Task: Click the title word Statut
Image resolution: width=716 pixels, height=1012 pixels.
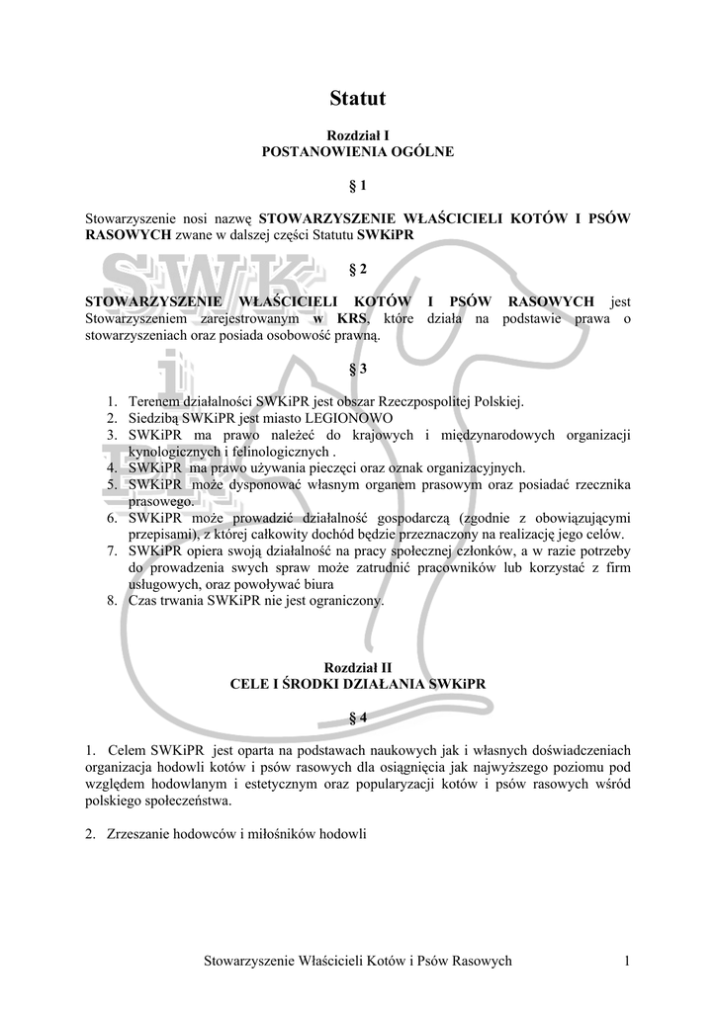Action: pyautogui.click(x=357, y=98)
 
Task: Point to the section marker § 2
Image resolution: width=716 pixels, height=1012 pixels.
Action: pyautogui.click(x=358, y=269)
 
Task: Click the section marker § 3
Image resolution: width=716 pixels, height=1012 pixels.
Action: pyautogui.click(x=358, y=369)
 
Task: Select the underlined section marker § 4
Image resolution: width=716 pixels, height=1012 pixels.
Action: pyautogui.click(x=358, y=717)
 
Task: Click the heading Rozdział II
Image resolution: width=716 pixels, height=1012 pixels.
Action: pyautogui.click(x=357, y=667)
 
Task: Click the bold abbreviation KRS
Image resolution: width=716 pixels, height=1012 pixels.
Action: pyautogui.click(x=351, y=318)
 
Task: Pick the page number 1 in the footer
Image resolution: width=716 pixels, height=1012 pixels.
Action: pyautogui.click(x=627, y=961)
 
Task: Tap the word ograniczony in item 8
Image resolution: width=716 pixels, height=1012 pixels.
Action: pyautogui.click(x=343, y=600)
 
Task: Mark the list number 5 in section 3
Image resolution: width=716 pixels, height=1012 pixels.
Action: pyautogui.click(x=112, y=484)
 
